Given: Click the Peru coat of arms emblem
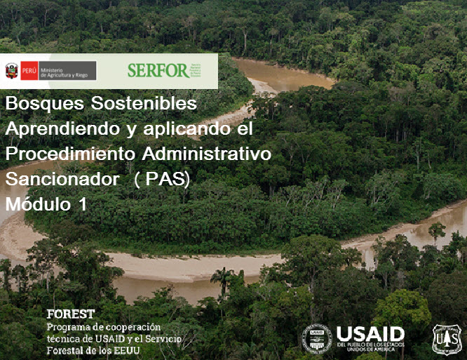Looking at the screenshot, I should pos(11,71).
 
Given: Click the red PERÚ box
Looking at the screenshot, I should pos(29,71).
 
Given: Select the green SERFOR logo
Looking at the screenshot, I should pos(158,70).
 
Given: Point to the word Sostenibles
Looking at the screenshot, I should pos(144,104).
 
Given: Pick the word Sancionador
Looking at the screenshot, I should pos(62,179).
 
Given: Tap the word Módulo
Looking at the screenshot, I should pos(39,204).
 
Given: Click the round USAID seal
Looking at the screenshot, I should pos(316,338).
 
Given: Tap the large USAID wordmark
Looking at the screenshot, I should pos(370,333).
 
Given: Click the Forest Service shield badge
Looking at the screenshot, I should pos(446,339).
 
